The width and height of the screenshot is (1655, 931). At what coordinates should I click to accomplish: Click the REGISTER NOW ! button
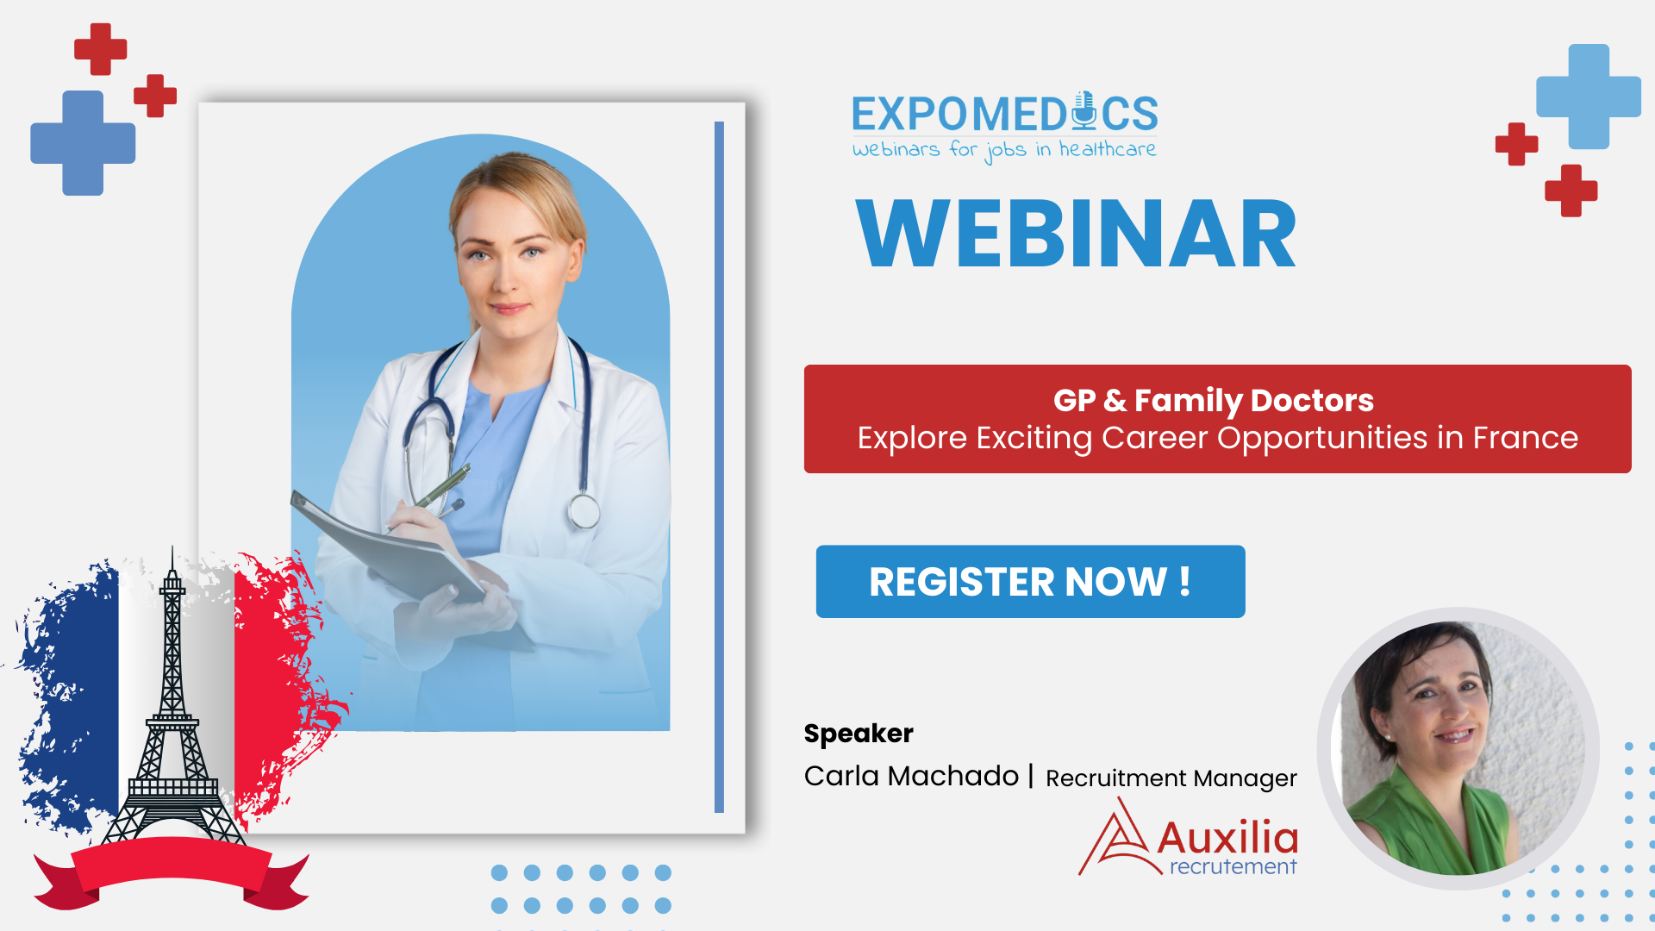pos(1030,581)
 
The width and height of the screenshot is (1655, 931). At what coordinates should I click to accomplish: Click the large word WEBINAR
pos(1076,234)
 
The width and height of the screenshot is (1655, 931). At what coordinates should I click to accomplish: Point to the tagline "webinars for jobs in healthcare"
pos(1004,151)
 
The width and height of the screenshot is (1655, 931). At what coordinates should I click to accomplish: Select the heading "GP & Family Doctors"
pos(1214,400)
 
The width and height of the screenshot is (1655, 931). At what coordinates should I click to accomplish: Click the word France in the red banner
pos(1525,438)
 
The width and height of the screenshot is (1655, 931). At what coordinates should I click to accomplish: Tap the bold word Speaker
pos(859,734)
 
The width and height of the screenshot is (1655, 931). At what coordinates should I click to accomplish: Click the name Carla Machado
pos(911,776)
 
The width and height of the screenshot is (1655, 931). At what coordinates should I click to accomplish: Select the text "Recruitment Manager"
pos(1171,778)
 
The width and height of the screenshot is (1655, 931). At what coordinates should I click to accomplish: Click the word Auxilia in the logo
pos(1227,837)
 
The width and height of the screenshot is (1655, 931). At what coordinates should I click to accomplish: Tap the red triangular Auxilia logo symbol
pos(1118,839)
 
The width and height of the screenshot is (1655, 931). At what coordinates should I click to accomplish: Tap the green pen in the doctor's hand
pos(442,488)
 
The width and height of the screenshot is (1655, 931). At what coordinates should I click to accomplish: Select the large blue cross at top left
pos(83,143)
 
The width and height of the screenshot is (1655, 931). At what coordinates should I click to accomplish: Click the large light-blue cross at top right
pos(1589,97)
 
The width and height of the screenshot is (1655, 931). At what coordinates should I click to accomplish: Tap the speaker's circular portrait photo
pos(1458,748)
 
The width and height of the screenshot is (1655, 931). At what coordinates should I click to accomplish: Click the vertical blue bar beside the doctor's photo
pos(719,467)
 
